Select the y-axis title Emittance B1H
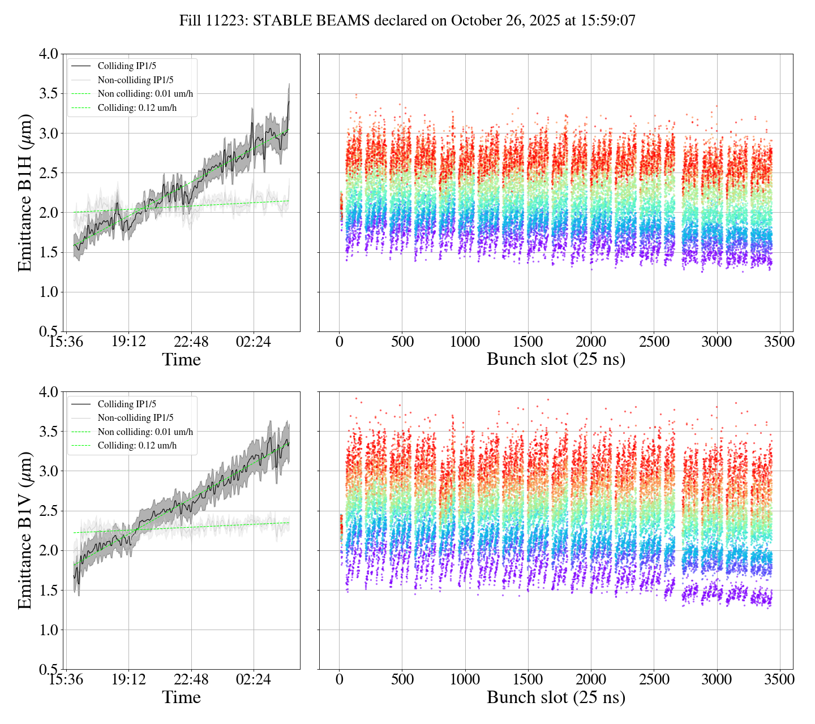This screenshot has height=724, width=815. [x=25, y=192]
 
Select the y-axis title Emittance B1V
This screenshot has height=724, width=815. [x=25, y=530]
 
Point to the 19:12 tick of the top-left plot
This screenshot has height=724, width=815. [x=128, y=342]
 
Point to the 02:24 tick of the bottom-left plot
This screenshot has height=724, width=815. [x=253, y=679]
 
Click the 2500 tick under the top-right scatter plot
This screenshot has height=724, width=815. [x=654, y=342]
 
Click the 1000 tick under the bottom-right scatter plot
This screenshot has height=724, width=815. [x=465, y=679]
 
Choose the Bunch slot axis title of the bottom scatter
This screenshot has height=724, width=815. [x=556, y=697]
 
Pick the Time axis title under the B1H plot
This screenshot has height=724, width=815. [x=182, y=360]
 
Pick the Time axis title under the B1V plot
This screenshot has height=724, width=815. [x=182, y=697]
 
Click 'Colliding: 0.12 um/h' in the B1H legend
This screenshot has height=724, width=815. [x=137, y=107]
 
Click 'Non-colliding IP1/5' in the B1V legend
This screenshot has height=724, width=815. [x=135, y=418]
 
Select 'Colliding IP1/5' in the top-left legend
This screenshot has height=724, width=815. [x=127, y=66]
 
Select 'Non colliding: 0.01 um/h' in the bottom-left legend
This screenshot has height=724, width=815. [x=145, y=432]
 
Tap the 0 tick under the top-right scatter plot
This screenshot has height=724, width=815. [x=339, y=342]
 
